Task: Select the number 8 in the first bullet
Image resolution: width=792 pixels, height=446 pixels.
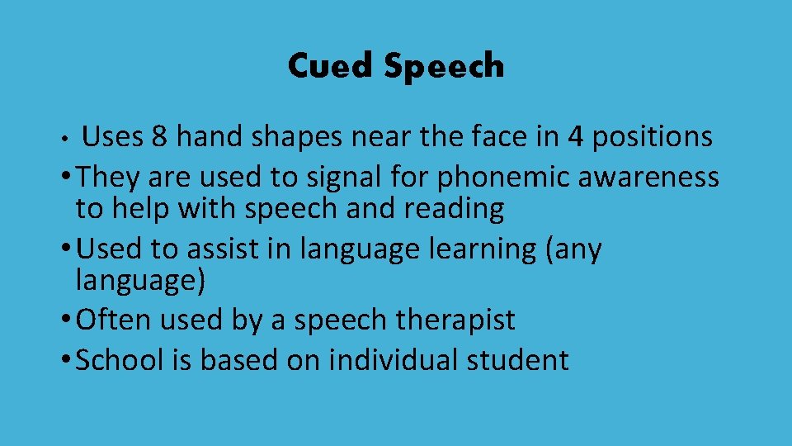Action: coord(159,137)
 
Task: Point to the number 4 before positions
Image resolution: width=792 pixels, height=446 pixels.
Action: coord(575,137)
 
